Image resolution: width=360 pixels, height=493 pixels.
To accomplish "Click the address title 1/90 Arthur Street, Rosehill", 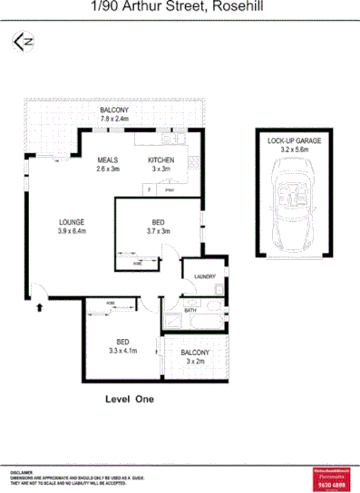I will pos(180,8).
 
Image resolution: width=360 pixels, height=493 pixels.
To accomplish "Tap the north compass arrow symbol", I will pos(22,42).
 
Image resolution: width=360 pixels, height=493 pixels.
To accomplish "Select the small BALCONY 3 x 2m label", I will pos(195,356).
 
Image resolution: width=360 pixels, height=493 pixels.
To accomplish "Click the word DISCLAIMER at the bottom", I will pos(22,472).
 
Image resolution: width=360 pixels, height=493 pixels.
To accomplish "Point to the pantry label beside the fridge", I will pos(169,191).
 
